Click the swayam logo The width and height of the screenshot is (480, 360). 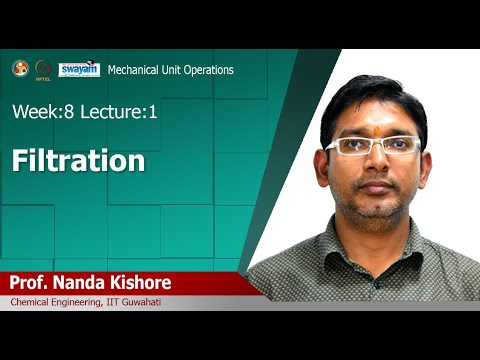pos(79,69)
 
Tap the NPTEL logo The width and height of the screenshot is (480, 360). pos(43,69)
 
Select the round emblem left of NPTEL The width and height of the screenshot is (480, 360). pos(20,68)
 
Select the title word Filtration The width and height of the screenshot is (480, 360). pos(78,161)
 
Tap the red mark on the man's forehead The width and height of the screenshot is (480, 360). pos(377,129)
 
